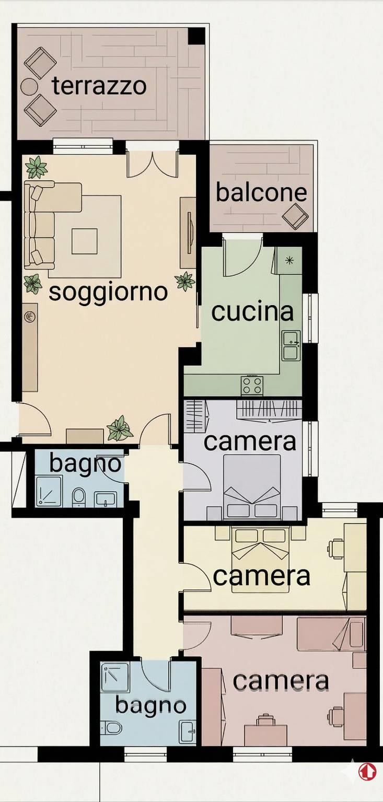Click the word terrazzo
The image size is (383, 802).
pos(99,86)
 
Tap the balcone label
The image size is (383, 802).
pos(261,193)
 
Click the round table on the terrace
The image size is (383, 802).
pos(29,86)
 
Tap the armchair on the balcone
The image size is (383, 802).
pos(295,216)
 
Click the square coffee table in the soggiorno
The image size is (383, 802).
pos(85,241)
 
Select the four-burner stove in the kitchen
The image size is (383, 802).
pos(252,386)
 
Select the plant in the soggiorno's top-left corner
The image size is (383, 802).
pos(36,167)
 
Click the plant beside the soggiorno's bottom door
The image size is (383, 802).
pos(120,428)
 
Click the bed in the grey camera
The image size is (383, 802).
pos(252,487)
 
